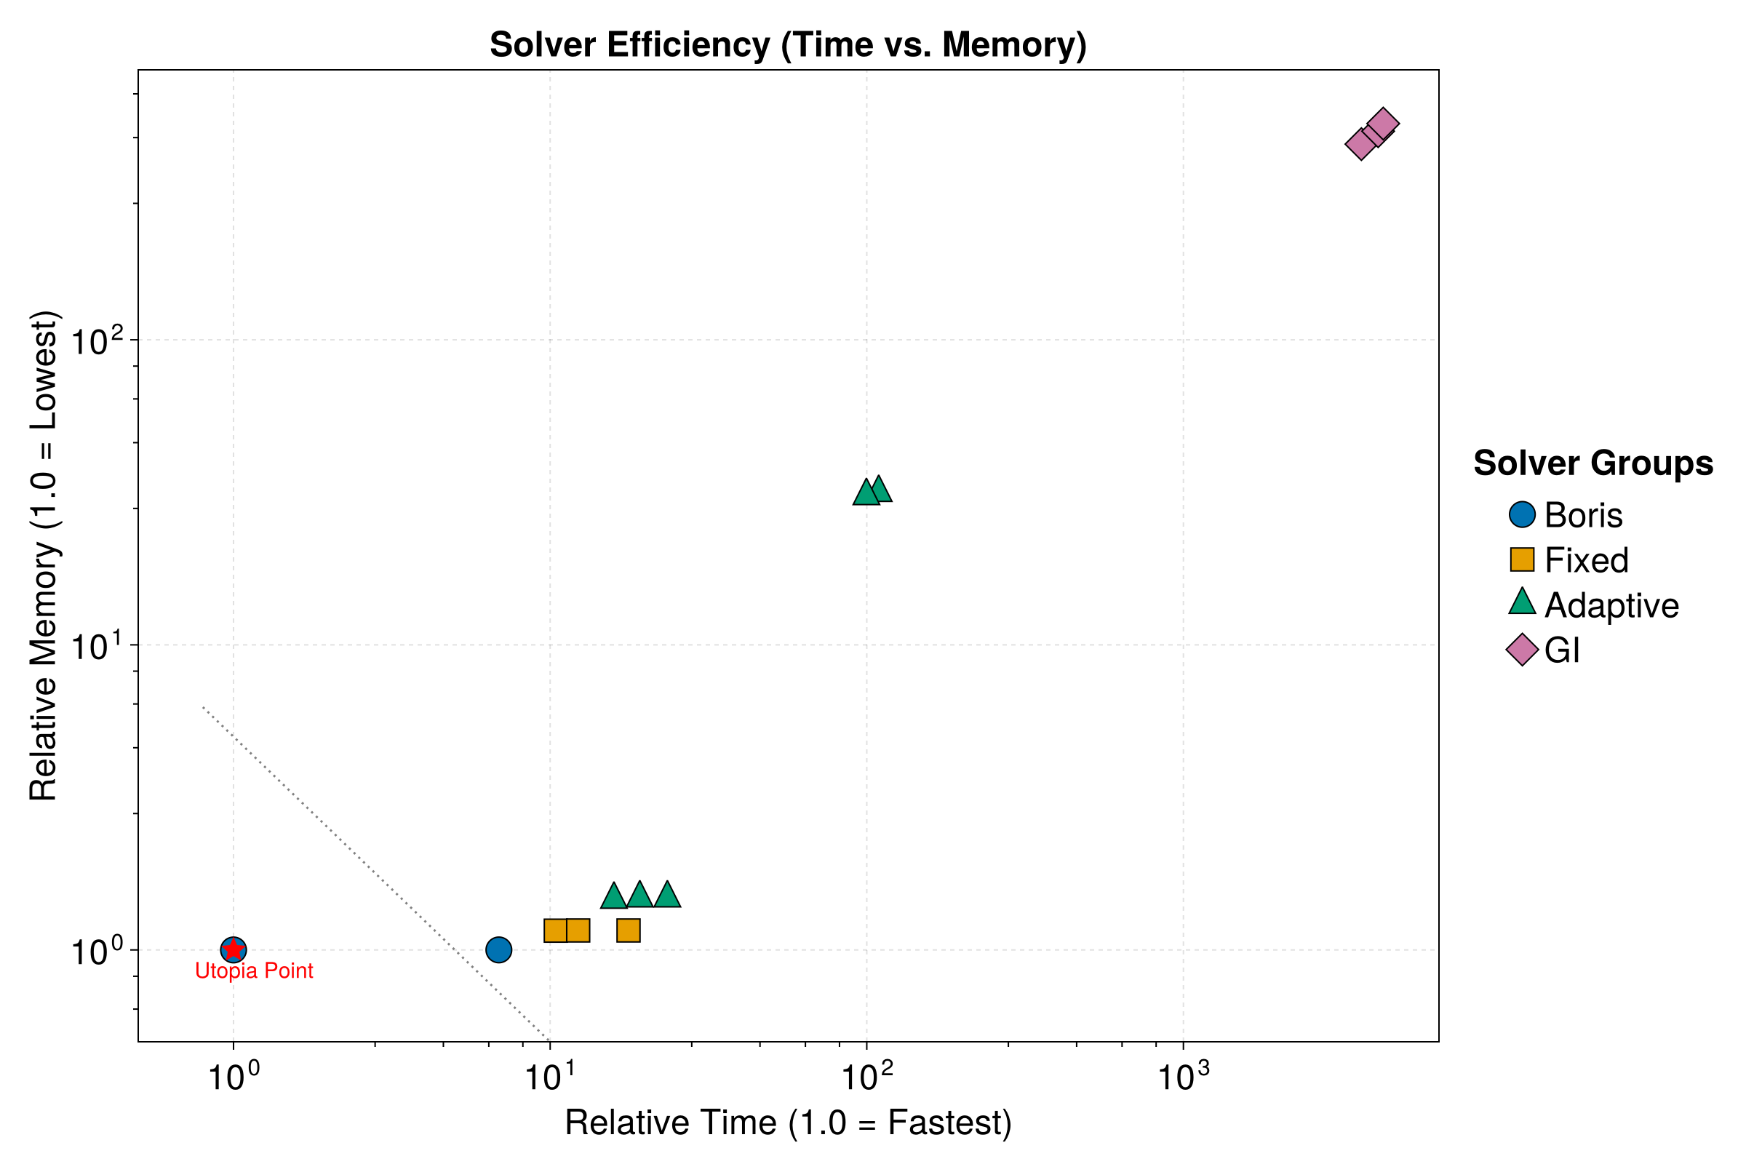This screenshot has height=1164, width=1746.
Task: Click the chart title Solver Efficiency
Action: click(x=788, y=44)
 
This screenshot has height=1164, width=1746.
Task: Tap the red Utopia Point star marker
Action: click(x=234, y=949)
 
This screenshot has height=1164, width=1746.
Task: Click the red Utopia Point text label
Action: click(x=254, y=971)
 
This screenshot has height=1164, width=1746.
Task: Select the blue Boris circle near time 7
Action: click(x=499, y=949)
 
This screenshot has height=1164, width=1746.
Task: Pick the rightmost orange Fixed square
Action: click(x=629, y=930)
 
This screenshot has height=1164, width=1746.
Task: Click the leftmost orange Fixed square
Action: click(x=555, y=930)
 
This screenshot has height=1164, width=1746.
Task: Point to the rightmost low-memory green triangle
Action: click(x=667, y=896)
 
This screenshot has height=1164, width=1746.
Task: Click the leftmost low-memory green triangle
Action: click(x=614, y=896)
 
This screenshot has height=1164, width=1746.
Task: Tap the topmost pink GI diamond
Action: click(x=1383, y=123)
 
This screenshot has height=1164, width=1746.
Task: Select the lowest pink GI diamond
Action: click(x=1360, y=144)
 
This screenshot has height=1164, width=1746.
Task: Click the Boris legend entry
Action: click(x=1566, y=515)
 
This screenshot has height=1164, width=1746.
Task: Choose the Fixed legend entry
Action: click(x=1569, y=560)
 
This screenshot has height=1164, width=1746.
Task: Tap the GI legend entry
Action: click(x=1544, y=651)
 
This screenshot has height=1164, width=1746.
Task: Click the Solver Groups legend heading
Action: click(x=1593, y=463)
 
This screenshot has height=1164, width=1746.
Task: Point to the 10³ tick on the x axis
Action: click(x=1184, y=1079)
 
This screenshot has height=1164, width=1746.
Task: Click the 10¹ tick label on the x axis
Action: click(x=550, y=1079)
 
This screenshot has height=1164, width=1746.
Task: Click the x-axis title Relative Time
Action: click(x=788, y=1123)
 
